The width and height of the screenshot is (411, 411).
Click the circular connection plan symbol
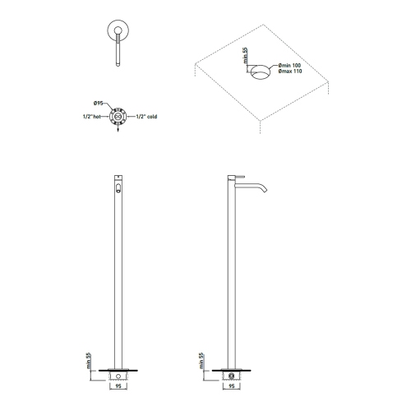tap(119, 117)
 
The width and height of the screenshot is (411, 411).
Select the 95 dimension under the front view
tap(119, 382)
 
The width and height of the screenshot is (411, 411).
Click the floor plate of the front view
tap(119, 367)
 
